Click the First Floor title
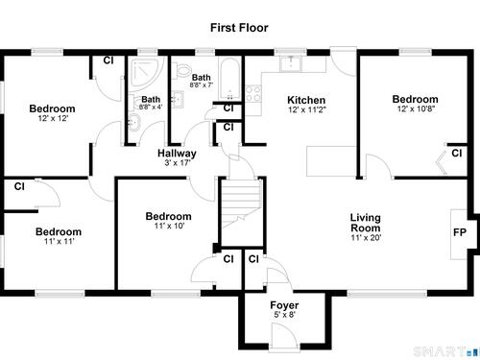(239, 28)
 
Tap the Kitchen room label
(306, 100)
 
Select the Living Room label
(366, 223)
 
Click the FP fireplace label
(460, 232)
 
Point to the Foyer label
(284, 305)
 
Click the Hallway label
(177, 154)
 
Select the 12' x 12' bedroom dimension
(53, 118)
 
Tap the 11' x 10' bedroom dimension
(169, 226)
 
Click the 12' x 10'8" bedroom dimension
(416, 108)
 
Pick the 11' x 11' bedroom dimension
(59, 241)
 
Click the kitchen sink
(291, 63)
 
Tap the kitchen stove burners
(253, 93)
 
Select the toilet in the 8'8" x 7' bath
(180, 69)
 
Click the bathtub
(229, 79)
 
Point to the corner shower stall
(144, 72)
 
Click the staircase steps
(242, 204)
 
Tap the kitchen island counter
(331, 161)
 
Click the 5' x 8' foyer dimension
(284, 315)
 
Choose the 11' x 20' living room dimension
(366, 238)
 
